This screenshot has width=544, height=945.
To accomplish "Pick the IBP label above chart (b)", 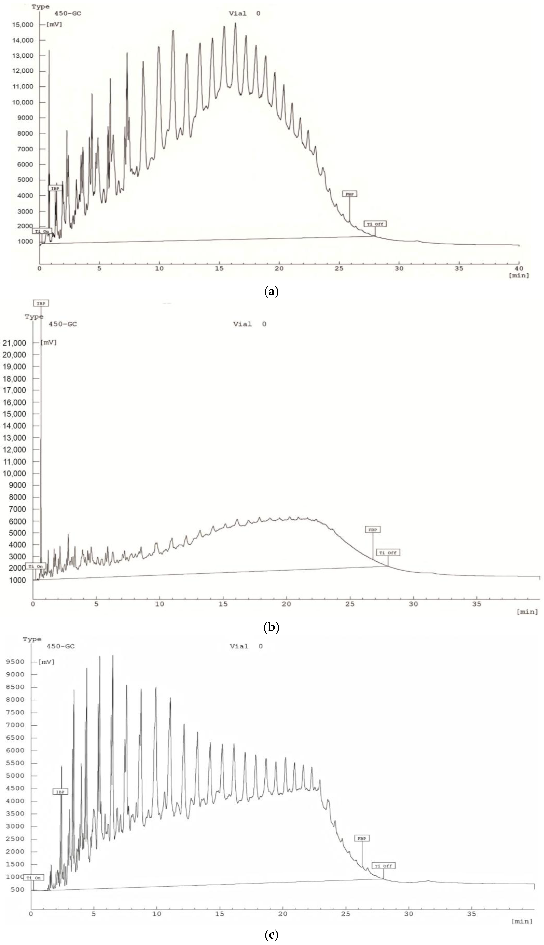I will point(41,304).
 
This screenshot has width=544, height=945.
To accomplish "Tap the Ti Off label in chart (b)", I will point(388,553).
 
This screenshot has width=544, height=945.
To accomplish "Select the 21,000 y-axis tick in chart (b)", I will point(14,343).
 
